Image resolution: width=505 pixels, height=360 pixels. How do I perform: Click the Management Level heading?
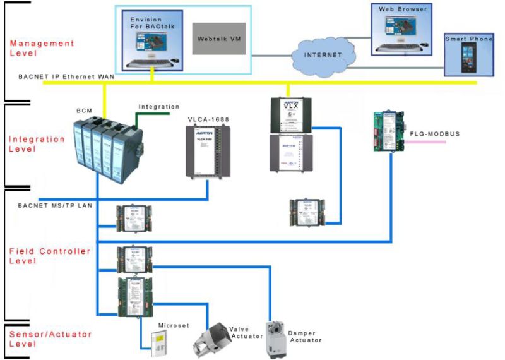click(42, 49)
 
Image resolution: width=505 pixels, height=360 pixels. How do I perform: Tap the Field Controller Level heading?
click(50, 256)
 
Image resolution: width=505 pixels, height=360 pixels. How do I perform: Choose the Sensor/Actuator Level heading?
click(50, 339)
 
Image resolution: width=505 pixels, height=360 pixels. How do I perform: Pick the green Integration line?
click(158, 114)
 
